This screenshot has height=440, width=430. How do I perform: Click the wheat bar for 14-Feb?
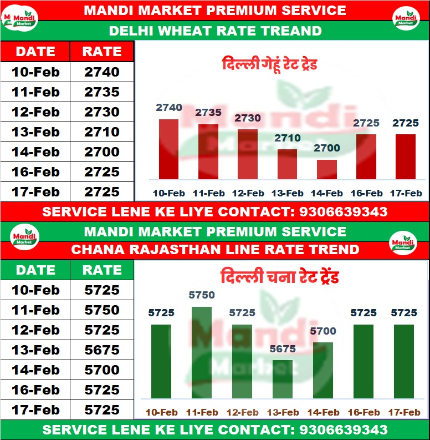tap(326, 169)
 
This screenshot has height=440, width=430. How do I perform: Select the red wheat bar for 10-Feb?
tap(168, 149)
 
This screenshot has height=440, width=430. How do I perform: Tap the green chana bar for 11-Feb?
tap(201, 352)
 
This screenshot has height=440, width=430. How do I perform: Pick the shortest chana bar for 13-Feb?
tap(282, 379)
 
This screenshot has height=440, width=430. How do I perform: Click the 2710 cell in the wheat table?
tap(102, 132)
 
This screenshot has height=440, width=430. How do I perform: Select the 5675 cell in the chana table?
tap(102, 350)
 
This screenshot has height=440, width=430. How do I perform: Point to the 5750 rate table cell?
tap(102, 310)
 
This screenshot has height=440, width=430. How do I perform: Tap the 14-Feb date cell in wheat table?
tap(35, 152)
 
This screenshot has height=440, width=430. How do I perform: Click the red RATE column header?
tap(102, 52)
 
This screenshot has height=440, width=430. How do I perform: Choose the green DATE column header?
tap(35, 270)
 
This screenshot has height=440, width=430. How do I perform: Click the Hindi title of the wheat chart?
tap(269, 64)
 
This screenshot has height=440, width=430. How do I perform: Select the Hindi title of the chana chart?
tap(279, 276)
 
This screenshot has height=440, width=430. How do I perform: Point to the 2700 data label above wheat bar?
tap(327, 148)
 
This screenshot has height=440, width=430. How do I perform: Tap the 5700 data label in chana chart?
tap(323, 331)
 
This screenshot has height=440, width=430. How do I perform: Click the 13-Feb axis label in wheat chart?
tap(287, 193)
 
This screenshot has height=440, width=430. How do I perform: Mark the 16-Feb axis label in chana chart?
tap(364, 412)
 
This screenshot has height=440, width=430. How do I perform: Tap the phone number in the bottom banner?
tap(343, 429)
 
